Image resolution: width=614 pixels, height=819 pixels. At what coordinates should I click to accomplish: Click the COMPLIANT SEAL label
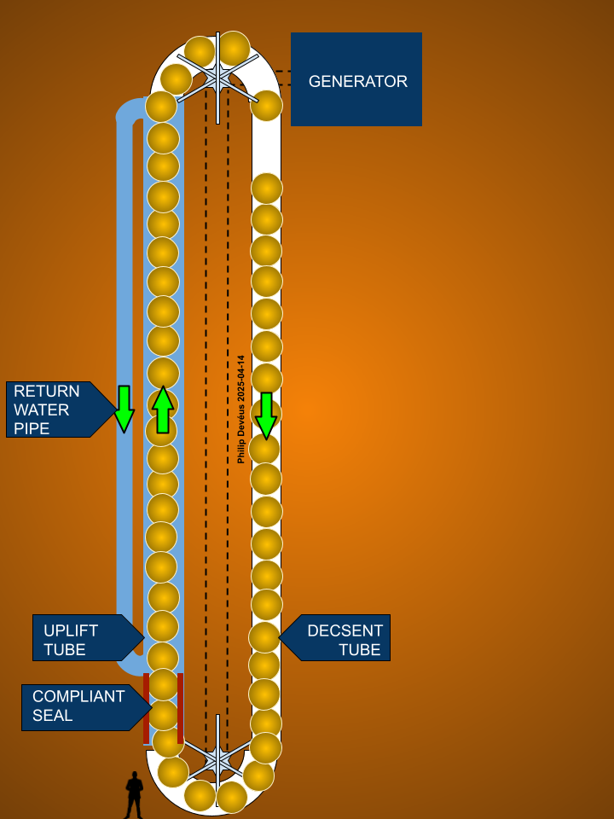pos(77,706)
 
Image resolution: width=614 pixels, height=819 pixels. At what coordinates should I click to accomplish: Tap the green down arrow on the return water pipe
pos(125,409)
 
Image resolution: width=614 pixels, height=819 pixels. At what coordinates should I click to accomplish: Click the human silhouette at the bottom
pos(134,795)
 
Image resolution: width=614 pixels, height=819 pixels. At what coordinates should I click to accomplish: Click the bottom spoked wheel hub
pos(217,758)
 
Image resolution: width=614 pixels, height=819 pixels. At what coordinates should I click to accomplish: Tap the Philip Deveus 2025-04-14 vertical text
pos(241,409)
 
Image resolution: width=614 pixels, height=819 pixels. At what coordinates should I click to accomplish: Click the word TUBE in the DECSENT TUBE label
pos(359,650)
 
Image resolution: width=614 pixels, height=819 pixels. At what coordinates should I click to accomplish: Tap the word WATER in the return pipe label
pos(41,409)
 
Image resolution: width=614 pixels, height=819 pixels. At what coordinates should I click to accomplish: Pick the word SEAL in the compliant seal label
pos(53,716)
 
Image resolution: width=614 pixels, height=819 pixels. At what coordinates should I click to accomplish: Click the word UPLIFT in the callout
pos(71,630)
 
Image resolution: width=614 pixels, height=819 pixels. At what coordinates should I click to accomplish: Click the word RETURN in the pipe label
pos(47,392)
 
